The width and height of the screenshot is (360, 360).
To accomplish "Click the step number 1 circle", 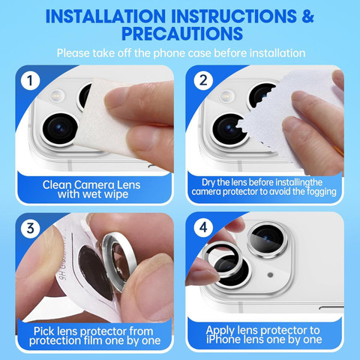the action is coord(30,80).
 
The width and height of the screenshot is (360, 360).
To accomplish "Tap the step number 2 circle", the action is coord(203,80).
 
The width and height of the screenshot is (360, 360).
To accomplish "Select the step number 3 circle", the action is coord(30,228).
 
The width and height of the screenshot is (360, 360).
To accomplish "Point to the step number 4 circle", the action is coord(203,227).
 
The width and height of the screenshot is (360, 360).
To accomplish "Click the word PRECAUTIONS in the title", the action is coord(182,34).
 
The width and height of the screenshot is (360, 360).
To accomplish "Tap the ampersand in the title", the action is coord(307,16).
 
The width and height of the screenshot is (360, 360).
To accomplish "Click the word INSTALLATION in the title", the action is coord(106,16).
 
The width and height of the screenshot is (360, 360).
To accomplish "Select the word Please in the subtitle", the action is coord(73,53).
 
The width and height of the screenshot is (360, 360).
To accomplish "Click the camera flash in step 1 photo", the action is coord(56,95).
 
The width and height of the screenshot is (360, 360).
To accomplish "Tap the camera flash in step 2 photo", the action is coord(227,95).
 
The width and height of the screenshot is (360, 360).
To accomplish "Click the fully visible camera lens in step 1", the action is coord(60,129).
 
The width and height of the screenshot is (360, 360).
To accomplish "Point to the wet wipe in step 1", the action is coord(105,118).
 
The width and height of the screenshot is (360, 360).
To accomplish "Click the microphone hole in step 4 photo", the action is coord(270,275).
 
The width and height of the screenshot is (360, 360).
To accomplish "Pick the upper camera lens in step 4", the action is coord(267,239).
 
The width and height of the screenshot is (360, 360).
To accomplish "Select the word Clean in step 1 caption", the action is coord(57,185).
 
